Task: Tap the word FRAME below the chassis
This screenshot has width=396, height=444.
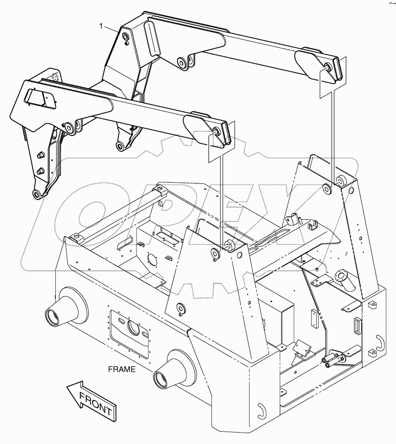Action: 122,369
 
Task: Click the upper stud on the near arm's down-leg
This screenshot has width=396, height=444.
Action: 41,155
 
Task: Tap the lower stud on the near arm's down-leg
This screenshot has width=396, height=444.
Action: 41,170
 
